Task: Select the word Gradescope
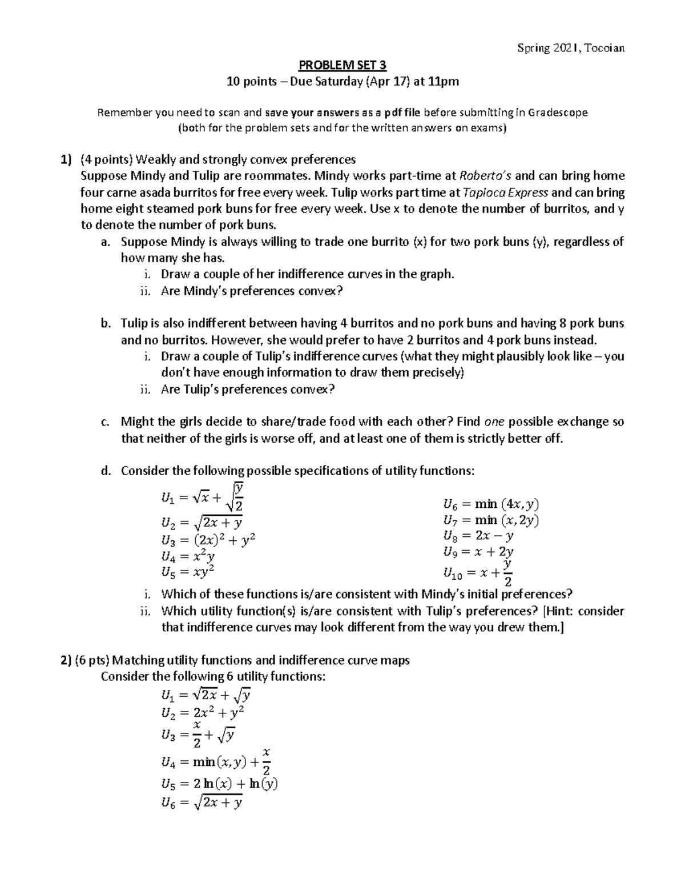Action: coord(557,113)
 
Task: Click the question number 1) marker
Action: coord(67,159)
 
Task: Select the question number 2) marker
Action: coord(66,660)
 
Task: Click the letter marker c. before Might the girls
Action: coord(104,422)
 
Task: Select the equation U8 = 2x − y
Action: coord(478,536)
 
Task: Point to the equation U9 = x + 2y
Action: coord(478,552)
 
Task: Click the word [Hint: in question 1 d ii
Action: coord(559,611)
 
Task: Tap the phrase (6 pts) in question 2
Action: coord(91,660)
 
